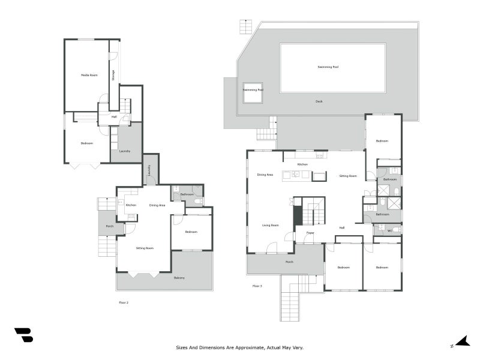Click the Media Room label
(89, 75)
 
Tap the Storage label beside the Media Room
(113, 75)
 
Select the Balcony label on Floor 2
(179, 278)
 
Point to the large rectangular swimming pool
(332, 67)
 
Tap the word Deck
(319, 101)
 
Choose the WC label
(389, 230)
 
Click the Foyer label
(310, 233)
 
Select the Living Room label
(270, 226)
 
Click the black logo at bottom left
(23, 335)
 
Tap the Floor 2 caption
(124, 302)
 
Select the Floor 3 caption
(257, 286)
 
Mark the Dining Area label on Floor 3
(265, 175)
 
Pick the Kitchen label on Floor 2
(131, 205)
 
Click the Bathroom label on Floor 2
(187, 194)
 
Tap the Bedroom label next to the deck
(382, 141)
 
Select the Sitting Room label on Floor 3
(348, 176)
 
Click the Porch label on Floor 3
(289, 262)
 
